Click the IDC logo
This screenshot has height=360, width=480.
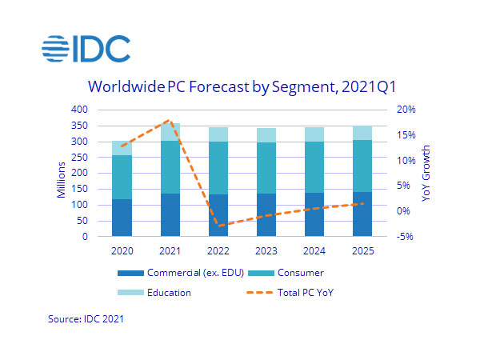[x=86, y=49]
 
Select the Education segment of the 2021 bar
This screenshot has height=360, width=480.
[x=170, y=132]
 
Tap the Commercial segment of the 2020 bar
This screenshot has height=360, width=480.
[x=122, y=218]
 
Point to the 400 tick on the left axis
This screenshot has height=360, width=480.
[x=80, y=110]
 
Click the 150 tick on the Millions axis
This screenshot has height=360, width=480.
[x=80, y=189]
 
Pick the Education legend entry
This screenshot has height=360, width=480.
[x=159, y=293]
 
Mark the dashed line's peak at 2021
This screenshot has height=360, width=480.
[x=169, y=120]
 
